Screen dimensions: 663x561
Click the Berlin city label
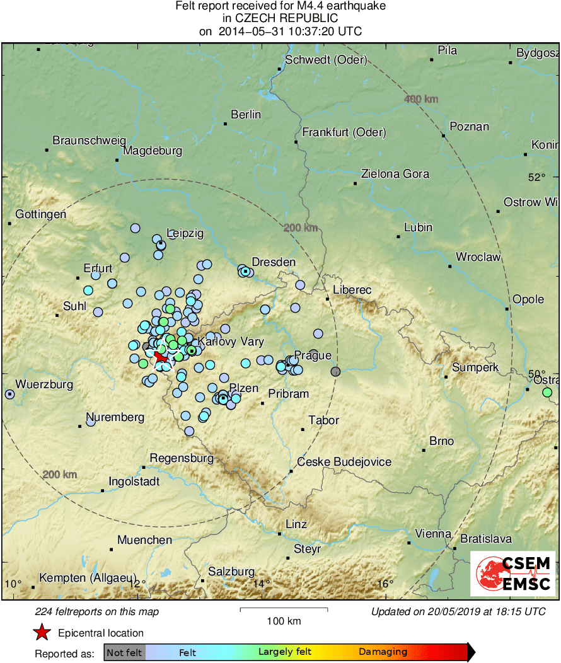246,115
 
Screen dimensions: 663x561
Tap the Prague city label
313,355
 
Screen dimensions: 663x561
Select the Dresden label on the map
274,262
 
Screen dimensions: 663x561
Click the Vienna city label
434,534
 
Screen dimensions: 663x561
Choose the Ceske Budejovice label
344,462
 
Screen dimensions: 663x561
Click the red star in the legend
42,632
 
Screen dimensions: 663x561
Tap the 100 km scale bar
284,609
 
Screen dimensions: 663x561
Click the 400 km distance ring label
421,100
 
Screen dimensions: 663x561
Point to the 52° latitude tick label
536,177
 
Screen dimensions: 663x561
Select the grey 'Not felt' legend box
125,652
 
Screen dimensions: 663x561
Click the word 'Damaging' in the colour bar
383,652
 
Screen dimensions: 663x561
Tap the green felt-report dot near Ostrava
547,393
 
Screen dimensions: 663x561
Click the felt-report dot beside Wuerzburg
9,394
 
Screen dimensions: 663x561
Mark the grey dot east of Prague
335,372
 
